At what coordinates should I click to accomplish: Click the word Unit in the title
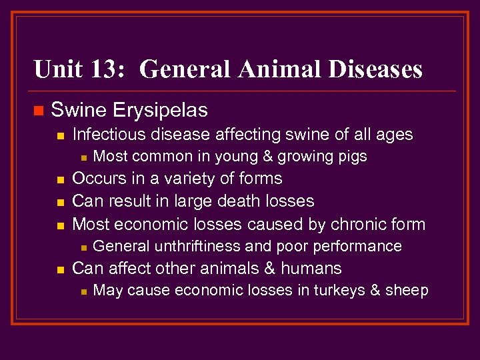56,69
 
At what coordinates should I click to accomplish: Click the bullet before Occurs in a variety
59,180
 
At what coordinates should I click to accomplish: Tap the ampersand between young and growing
261,157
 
